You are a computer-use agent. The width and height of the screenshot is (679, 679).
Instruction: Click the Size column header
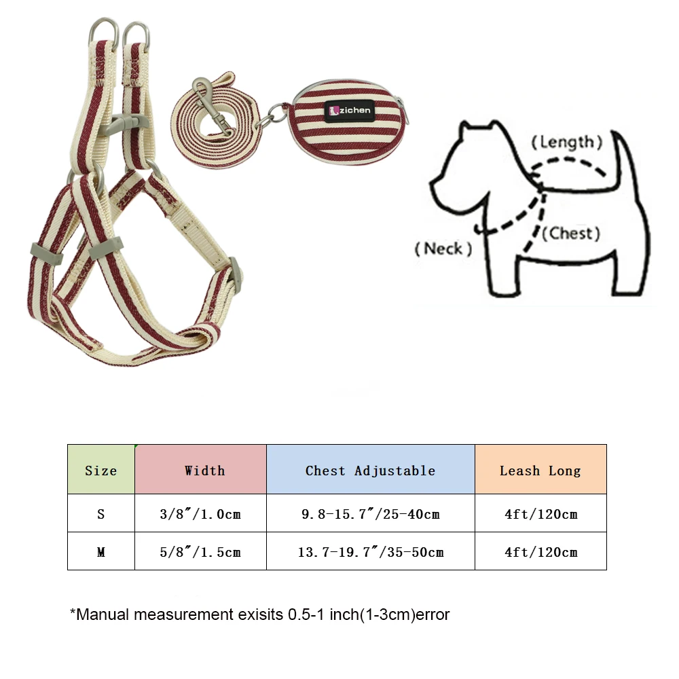click(x=100, y=470)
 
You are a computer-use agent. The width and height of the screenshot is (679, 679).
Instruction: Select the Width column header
click(x=204, y=470)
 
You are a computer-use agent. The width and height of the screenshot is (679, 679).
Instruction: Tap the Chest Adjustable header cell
click(x=370, y=470)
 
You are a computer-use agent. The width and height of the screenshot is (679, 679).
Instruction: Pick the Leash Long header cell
click(x=540, y=470)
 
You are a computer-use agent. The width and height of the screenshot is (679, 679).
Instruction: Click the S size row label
click(x=100, y=513)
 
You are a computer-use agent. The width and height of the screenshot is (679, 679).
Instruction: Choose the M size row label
click(x=100, y=551)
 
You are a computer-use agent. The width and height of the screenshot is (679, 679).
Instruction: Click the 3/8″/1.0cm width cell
click(x=200, y=513)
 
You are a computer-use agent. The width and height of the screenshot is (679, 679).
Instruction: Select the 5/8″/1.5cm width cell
click(x=200, y=551)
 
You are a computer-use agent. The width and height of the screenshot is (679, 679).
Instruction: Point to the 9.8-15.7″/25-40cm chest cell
click(x=370, y=513)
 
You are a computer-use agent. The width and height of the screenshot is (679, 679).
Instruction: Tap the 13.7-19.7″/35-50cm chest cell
click(x=370, y=551)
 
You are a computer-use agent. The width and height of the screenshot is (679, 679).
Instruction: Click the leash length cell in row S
click(x=540, y=513)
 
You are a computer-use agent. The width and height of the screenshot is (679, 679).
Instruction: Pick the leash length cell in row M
click(x=540, y=551)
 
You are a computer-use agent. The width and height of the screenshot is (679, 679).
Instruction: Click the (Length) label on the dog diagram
click(x=566, y=142)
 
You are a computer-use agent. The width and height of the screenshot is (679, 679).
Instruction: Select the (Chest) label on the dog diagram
click(x=574, y=234)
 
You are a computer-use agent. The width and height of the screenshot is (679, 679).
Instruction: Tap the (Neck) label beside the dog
click(x=443, y=249)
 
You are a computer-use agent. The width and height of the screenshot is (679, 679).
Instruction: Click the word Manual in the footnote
click(x=103, y=615)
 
